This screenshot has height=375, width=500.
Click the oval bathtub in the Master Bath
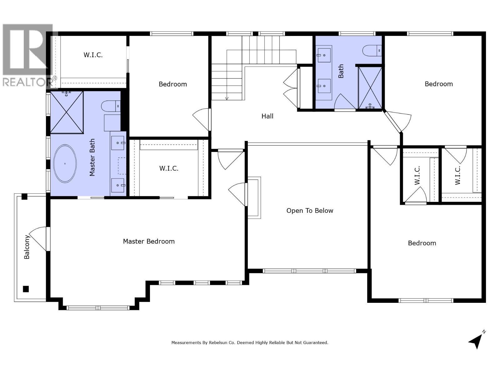pyautogui.click(x=65, y=163)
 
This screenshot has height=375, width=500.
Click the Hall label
pyautogui.click(x=267, y=116)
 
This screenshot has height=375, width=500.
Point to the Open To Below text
pyautogui.click(x=310, y=211)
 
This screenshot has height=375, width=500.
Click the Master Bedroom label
pyautogui.click(x=149, y=241)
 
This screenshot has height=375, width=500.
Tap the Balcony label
pyautogui.click(x=27, y=247)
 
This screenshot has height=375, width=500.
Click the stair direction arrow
pyautogui.click(x=227, y=98)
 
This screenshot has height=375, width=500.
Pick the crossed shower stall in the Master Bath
pyautogui.click(x=67, y=112)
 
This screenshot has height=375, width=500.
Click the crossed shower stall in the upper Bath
pyautogui.click(x=370, y=88)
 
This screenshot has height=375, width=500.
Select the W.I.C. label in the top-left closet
pyautogui.click(x=93, y=55)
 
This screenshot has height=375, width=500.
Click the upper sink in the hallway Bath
pyautogui.click(x=324, y=55)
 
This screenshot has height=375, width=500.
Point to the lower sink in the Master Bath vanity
pyautogui.click(x=118, y=185)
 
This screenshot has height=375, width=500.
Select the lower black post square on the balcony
pyautogui.click(x=26, y=289)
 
